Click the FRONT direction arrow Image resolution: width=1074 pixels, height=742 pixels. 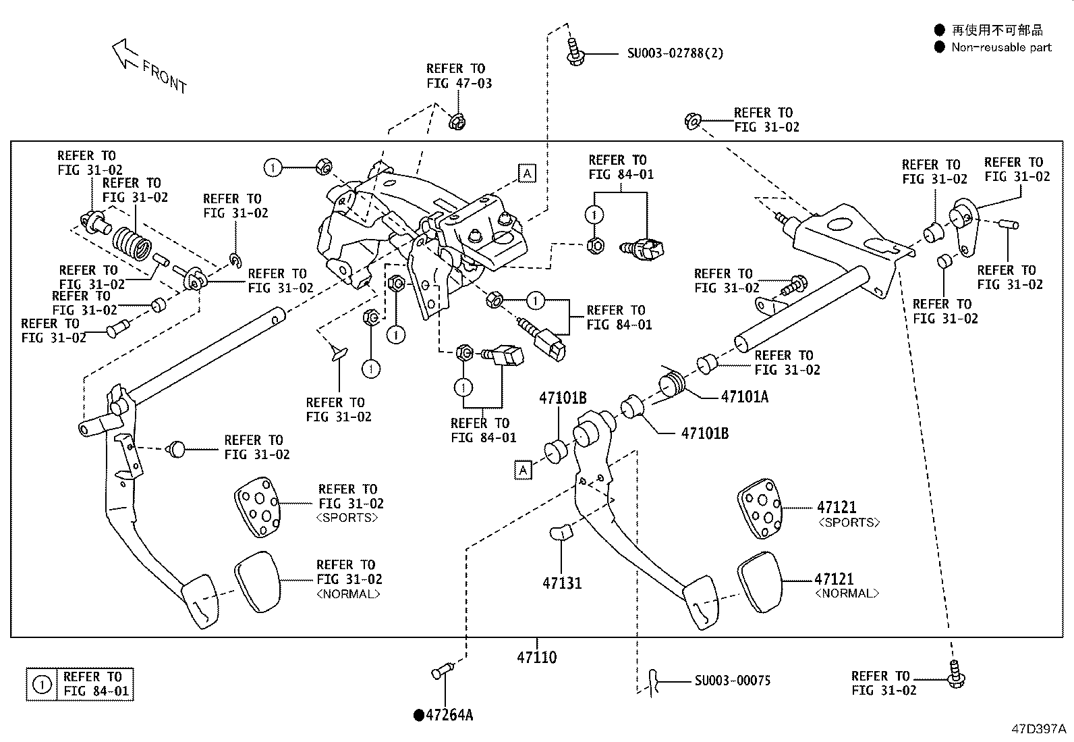point(125,53)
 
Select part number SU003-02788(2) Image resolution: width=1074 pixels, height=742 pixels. point(675,53)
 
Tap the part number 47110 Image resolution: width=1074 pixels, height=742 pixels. point(537,657)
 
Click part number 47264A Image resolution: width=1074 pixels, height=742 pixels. point(449,715)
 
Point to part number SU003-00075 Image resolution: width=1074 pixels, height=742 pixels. point(733,681)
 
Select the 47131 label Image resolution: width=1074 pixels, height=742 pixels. point(562,583)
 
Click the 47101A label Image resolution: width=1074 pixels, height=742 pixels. point(744,396)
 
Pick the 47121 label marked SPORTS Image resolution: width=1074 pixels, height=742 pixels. point(837,507)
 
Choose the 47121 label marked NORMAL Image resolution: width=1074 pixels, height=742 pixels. point(835,579)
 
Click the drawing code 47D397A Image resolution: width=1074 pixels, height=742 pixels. point(1038,729)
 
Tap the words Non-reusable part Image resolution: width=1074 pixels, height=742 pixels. point(1001,47)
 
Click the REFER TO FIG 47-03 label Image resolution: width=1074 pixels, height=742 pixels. point(459,76)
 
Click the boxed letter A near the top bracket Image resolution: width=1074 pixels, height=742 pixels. point(527,174)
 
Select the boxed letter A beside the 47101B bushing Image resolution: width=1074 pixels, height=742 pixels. point(523,470)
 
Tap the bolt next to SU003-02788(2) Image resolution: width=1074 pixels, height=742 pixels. point(574,51)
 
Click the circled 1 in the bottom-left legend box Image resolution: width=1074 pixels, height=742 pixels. point(42,684)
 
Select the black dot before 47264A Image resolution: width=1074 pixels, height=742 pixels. point(418,715)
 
